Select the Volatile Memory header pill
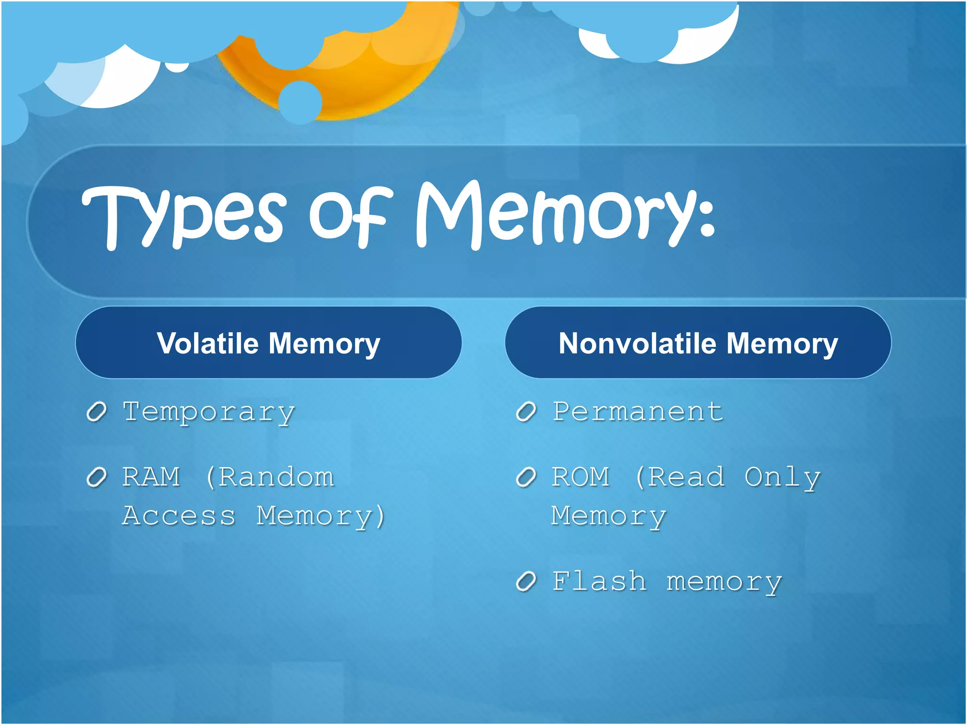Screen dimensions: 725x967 click(268, 343)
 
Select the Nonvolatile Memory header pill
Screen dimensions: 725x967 click(698, 343)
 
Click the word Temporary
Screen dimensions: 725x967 click(208, 412)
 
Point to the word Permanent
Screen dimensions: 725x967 click(637, 412)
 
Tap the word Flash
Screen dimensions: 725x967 click(599, 582)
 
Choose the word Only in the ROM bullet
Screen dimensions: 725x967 click(782, 478)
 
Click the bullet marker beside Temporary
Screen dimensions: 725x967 click(97, 412)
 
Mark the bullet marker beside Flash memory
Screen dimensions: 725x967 click(526, 582)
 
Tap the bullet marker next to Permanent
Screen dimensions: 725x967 click(526, 412)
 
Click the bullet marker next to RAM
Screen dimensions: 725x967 click(97, 478)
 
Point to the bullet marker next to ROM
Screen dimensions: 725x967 click(526, 478)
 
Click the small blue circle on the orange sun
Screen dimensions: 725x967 click(300, 102)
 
